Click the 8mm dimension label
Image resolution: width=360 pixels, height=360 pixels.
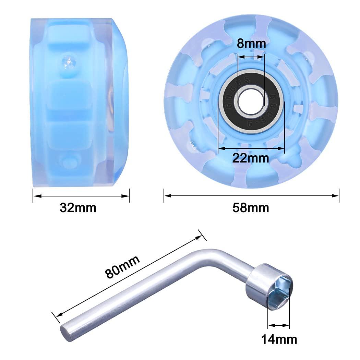coord(251,44)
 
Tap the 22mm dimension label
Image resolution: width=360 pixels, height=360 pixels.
coord(251,158)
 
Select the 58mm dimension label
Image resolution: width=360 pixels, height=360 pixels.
coord(251,207)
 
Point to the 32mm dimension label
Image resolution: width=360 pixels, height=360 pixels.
coord(78,207)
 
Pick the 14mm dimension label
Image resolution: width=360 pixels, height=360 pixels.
coord(279,339)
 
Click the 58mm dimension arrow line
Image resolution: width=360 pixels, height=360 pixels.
coord(251,196)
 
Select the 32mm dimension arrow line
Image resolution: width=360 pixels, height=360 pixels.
coord(81,196)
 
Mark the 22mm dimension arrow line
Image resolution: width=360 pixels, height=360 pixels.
coord(251,148)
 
